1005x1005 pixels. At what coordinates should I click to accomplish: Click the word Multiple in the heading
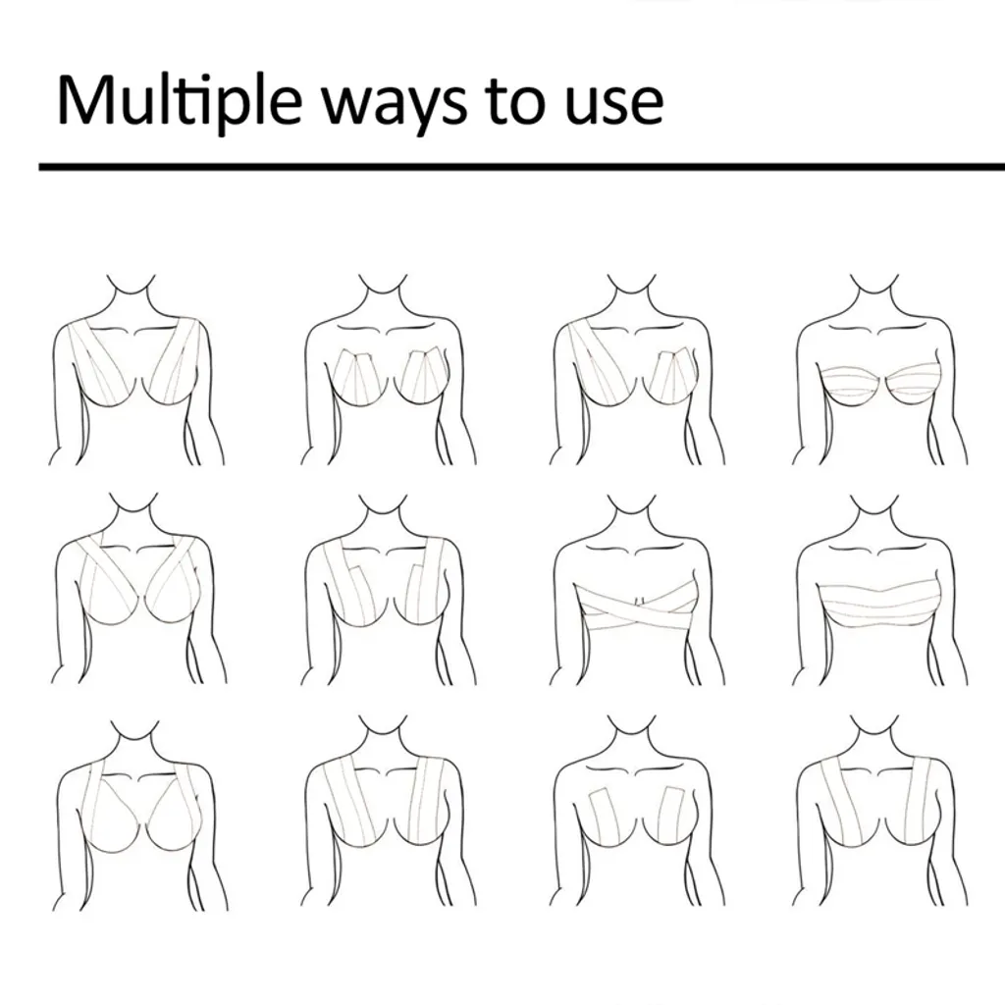click(x=172, y=101)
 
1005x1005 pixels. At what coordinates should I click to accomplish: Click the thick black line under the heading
click(x=520, y=167)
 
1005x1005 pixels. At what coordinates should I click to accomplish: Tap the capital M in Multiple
click(x=82, y=99)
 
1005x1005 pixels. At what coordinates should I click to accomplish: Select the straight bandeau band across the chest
click(x=878, y=600)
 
